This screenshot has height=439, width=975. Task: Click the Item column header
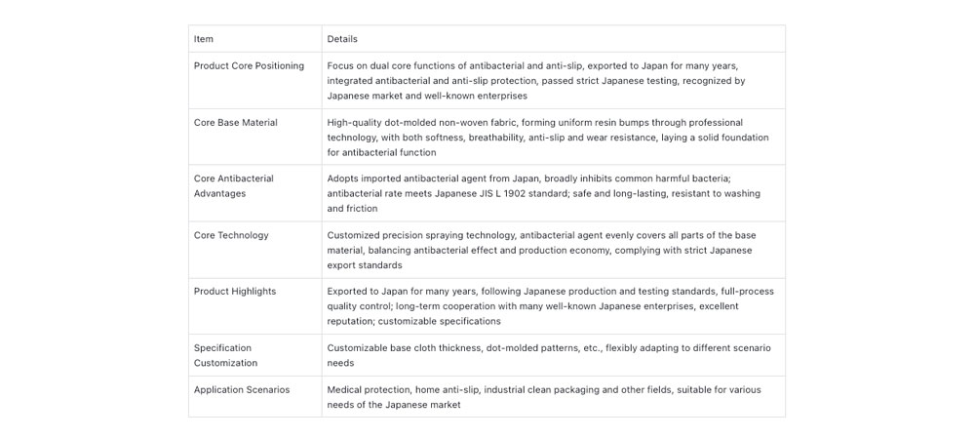[204, 39]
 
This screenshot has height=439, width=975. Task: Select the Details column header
[342, 39]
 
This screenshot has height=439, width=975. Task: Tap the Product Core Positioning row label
[249, 66]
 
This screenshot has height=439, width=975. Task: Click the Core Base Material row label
[235, 123]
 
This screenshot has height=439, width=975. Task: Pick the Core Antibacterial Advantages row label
[234, 186]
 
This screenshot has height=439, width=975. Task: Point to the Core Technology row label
[231, 235]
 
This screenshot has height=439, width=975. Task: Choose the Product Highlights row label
[234, 292]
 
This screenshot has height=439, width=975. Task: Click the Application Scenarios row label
[241, 390]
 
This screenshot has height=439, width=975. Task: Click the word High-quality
[353, 123]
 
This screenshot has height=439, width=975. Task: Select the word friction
[362, 209]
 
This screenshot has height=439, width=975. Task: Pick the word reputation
[350, 321]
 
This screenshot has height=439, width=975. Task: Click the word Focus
[340, 66]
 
